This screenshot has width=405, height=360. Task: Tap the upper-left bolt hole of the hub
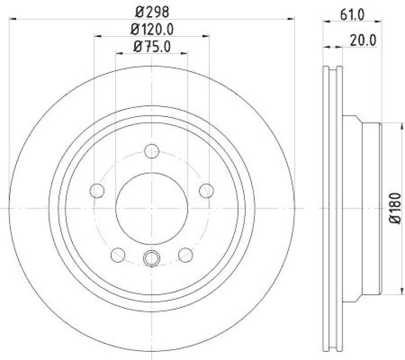[97, 190]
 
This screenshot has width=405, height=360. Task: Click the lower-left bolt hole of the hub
[118, 254]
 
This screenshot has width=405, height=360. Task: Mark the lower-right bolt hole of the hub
[186, 254]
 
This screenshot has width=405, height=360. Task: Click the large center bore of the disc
[152, 208]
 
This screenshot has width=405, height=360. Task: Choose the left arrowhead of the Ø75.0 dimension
[118, 53]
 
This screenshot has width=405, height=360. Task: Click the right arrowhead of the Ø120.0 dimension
[207, 35]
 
